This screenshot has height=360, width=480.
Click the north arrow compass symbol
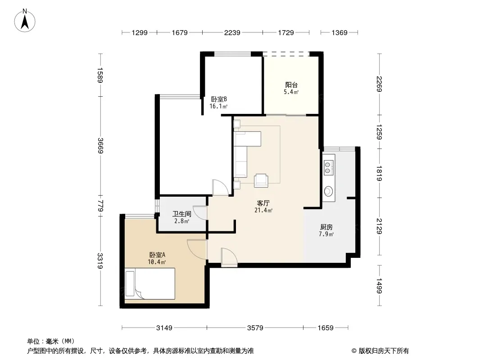click(x=25, y=21)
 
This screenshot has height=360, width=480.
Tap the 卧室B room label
click(x=218, y=99)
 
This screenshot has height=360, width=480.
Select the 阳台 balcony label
click(x=291, y=85)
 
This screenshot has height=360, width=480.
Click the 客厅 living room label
click(x=263, y=203)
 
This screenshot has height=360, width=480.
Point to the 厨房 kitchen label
click(x=326, y=227)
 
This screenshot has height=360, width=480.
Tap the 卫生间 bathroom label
click(x=182, y=214)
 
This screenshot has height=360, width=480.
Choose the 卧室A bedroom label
click(x=157, y=255)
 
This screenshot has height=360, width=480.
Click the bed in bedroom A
click(x=150, y=283)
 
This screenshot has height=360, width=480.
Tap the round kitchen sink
click(x=328, y=191)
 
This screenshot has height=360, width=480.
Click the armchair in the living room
click(x=261, y=180)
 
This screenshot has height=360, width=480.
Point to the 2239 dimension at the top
click(x=232, y=32)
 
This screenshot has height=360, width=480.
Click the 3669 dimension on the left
click(x=100, y=146)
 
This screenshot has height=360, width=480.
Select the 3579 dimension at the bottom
click(x=255, y=328)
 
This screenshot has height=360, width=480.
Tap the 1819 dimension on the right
click(x=379, y=173)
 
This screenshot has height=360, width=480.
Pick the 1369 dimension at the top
click(x=340, y=32)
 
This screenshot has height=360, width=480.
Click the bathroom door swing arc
click(x=199, y=213)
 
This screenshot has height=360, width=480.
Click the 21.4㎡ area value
click(x=263, y=210)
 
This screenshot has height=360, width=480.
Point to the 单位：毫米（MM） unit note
click(x=51, y=341)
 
